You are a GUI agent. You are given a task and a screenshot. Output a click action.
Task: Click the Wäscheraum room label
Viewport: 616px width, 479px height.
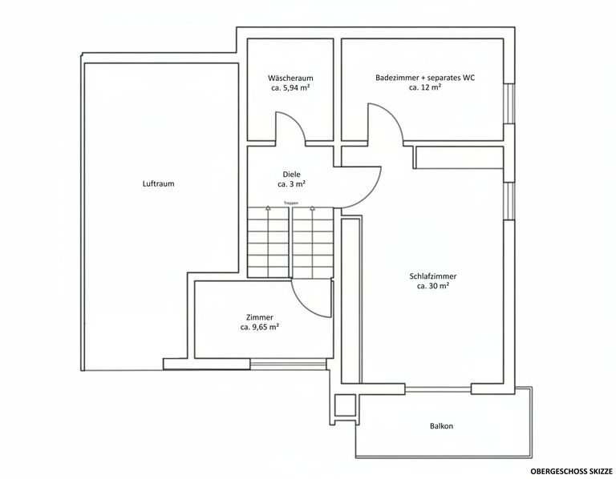[290, 78]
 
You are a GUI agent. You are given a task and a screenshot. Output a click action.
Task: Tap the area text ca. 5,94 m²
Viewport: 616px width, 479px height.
[290, 88]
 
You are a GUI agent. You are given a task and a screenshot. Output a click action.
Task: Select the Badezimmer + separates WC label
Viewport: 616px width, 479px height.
[425, 78]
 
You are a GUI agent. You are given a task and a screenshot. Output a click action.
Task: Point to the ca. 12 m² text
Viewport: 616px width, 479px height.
[425, 88]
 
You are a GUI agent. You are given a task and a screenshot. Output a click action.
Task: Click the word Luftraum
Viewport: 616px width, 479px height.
[158, 183]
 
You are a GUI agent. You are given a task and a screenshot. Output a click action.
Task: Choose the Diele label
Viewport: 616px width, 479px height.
[291, 174]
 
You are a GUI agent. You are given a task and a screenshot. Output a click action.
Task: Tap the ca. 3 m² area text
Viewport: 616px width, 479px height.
[291, 184]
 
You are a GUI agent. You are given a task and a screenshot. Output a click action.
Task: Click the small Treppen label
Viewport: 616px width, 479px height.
[291, 203]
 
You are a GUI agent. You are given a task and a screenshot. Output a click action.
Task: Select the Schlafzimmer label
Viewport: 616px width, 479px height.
[432, 276]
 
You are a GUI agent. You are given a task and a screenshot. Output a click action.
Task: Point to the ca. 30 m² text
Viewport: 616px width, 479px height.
[432, 287]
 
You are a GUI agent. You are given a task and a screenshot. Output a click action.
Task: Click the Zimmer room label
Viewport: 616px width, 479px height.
[259, 317]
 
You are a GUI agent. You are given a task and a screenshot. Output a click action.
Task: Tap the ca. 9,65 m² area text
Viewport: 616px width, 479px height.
[259, 328]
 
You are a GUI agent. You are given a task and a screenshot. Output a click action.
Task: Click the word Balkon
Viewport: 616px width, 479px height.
[441, 426]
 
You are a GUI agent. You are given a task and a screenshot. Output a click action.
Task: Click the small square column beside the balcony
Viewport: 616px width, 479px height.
[345, 405]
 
